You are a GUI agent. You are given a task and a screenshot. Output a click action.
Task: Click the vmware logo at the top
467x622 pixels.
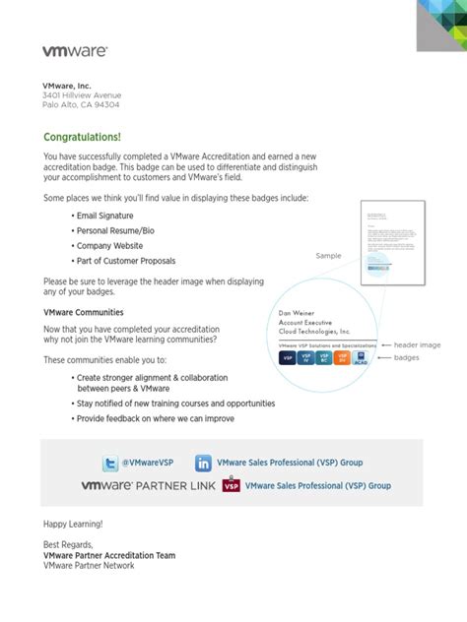click(74, 50)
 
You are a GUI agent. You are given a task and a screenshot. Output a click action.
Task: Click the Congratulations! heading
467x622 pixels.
click(82, 137)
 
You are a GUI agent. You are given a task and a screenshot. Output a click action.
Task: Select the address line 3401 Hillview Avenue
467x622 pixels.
click(82, 95)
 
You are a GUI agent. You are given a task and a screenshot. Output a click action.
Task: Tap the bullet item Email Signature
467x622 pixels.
click(105, 216)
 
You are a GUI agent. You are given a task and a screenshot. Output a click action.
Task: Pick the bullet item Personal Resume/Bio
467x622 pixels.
click(113, 230)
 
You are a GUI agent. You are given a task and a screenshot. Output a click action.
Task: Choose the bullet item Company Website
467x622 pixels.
click(109, 246)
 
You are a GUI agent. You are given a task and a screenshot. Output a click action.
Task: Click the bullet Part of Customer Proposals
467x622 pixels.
click(126, 261)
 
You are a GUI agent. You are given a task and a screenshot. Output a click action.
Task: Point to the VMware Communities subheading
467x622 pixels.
click(84, 312)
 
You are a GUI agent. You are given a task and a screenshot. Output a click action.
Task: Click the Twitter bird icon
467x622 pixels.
click(110, 463)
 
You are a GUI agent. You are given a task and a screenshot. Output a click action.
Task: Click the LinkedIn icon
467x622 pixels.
click(203, 463)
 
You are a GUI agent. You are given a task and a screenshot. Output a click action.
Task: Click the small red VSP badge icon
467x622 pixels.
click(232, 485)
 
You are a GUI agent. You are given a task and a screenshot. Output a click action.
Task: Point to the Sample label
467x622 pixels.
click(328, 256)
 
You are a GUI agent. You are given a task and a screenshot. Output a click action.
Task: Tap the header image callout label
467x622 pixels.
click(418, 345)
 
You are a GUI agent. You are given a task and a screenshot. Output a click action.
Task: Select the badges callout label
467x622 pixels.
click(407, 358)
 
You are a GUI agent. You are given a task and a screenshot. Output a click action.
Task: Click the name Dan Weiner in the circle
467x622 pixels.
click(298, 314)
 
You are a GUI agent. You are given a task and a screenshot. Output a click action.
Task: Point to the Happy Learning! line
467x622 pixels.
click(73, 525)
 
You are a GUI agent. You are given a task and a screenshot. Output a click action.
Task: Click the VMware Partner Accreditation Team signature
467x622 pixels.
click(109, 555)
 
